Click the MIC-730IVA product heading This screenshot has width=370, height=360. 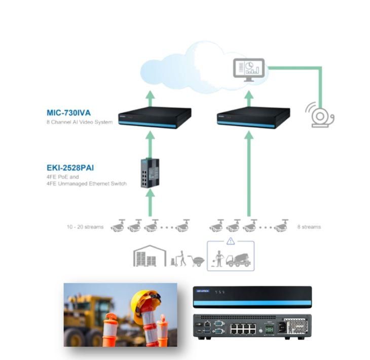pyautogui.click(x=68, y=113)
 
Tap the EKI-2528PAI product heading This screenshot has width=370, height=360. pyautogui.click(x=70, y=168)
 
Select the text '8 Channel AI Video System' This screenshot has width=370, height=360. pyautogui.click(x=80, y=122)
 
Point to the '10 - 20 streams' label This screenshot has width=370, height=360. pyautogui.click(x=85, y=227)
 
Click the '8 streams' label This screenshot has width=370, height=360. pyautogui.click(x=309, y=227)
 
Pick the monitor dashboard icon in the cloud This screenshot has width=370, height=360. pyautogui.click(x=249, y=70)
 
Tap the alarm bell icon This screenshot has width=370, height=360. pyautogui.click(x=320, y=115)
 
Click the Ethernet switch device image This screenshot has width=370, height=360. pyautogui.click(x=150, y=173)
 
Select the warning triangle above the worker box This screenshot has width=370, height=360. pyautogui.click(x=231, y=241)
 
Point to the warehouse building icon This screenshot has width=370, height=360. pyautogui.click(x=150, y=256)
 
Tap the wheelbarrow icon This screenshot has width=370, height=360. pyautogui.click(x=196, y=261)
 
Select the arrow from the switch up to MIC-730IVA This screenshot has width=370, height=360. pyautogui.click(x=150, y=145)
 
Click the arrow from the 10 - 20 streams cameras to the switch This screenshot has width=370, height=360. pyautogui.click(x=150, y=203)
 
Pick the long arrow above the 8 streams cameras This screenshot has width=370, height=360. pyautogui.click(x=249, y=173)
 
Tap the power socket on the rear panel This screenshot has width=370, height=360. pyautogui.click(x=282, y=327)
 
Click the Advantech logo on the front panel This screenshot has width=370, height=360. pyautogui.click(x=203, y=291)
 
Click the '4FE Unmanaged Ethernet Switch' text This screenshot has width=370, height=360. pyautogui.click(x=87, y=184)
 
